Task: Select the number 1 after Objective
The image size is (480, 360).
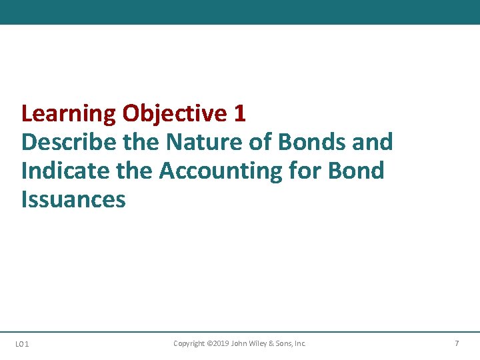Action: click(240, 114)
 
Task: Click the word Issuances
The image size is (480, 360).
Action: click(73, 199)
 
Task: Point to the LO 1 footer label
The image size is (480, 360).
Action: click(22, 344)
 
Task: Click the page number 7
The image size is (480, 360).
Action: click(457, 343)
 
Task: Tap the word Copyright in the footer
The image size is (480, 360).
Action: click(189, 343)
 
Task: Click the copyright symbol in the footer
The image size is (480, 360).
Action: click(209, 343)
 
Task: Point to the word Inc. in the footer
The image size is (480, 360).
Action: click(300, 343)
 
